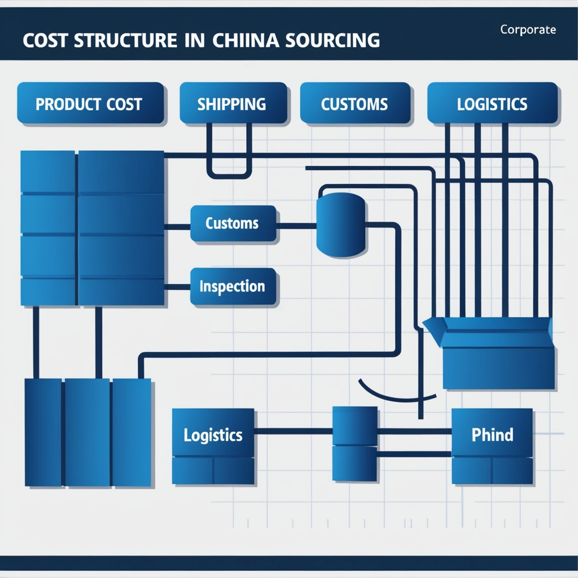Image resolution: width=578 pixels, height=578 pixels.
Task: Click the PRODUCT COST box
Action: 90,103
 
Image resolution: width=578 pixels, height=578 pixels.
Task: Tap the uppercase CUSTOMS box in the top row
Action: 354,103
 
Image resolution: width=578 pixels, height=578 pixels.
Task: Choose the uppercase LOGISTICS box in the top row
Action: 492,103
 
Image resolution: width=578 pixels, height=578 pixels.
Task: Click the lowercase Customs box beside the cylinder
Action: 233,224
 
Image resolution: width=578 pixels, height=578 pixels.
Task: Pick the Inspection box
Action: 233,286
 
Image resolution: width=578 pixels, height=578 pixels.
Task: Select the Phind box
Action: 492,435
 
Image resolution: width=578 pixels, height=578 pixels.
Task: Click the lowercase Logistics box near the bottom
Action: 213,435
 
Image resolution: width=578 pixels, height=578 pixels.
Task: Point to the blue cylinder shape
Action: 341,224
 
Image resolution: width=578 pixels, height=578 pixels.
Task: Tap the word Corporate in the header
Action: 528,30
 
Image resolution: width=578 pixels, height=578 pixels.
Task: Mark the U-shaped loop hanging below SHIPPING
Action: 229,169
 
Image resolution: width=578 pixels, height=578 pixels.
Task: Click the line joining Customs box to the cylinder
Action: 296,226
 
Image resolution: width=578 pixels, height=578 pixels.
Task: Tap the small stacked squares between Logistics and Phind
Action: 354,444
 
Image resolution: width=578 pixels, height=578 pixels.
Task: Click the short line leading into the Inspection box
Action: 177,286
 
